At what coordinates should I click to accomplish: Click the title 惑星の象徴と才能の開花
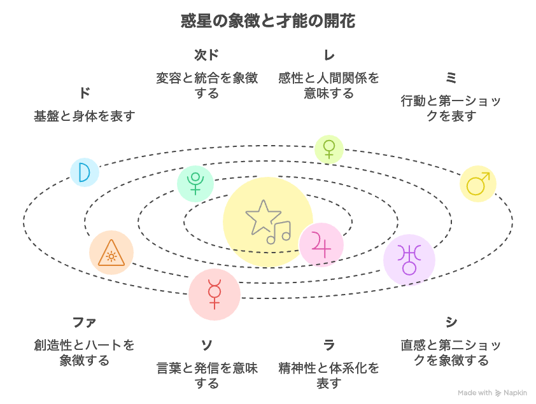pos(268,21)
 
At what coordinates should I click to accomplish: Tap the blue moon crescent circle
pos(85,172)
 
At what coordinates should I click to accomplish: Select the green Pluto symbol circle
pos(195,183)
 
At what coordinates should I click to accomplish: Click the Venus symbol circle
pos(328,149)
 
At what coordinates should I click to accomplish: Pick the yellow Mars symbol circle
pos(477,184)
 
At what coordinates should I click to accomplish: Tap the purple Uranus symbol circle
pos(409,260)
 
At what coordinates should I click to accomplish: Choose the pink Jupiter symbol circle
pos(321,245)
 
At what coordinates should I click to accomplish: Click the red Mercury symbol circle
pos(214,294)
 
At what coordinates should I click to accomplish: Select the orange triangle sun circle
pos(111,253)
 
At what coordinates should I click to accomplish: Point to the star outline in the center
pos(262,218)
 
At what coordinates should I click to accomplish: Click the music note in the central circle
pos(279,232)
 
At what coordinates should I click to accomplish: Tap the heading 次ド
pos(206,55)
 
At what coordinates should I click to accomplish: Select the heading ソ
pos(207,345)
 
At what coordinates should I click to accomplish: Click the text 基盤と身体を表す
pos(85,116)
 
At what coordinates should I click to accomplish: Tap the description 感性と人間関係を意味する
pos(328,86)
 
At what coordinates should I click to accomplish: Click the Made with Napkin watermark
pos(492,393)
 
